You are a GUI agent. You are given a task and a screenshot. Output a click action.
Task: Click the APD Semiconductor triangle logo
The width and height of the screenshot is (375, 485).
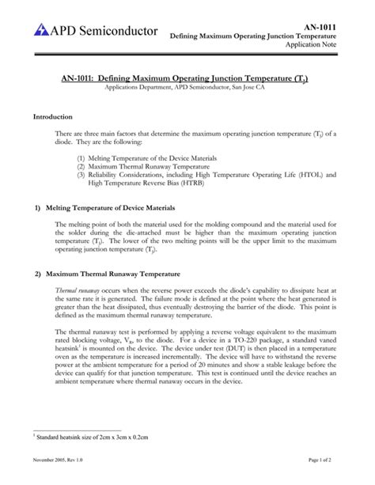click(x=42, y=30)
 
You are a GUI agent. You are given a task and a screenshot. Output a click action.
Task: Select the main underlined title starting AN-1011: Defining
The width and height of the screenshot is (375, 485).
click(x=186, y=80)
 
